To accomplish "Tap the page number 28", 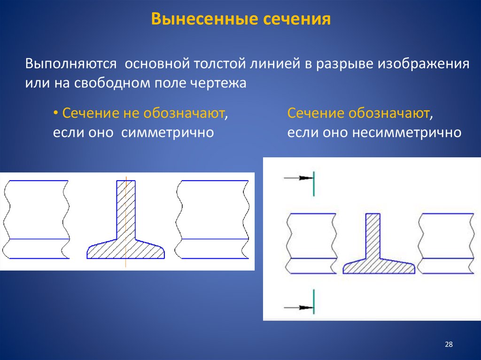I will tap(448, 345).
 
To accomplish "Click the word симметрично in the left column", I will tap(168, 132).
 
